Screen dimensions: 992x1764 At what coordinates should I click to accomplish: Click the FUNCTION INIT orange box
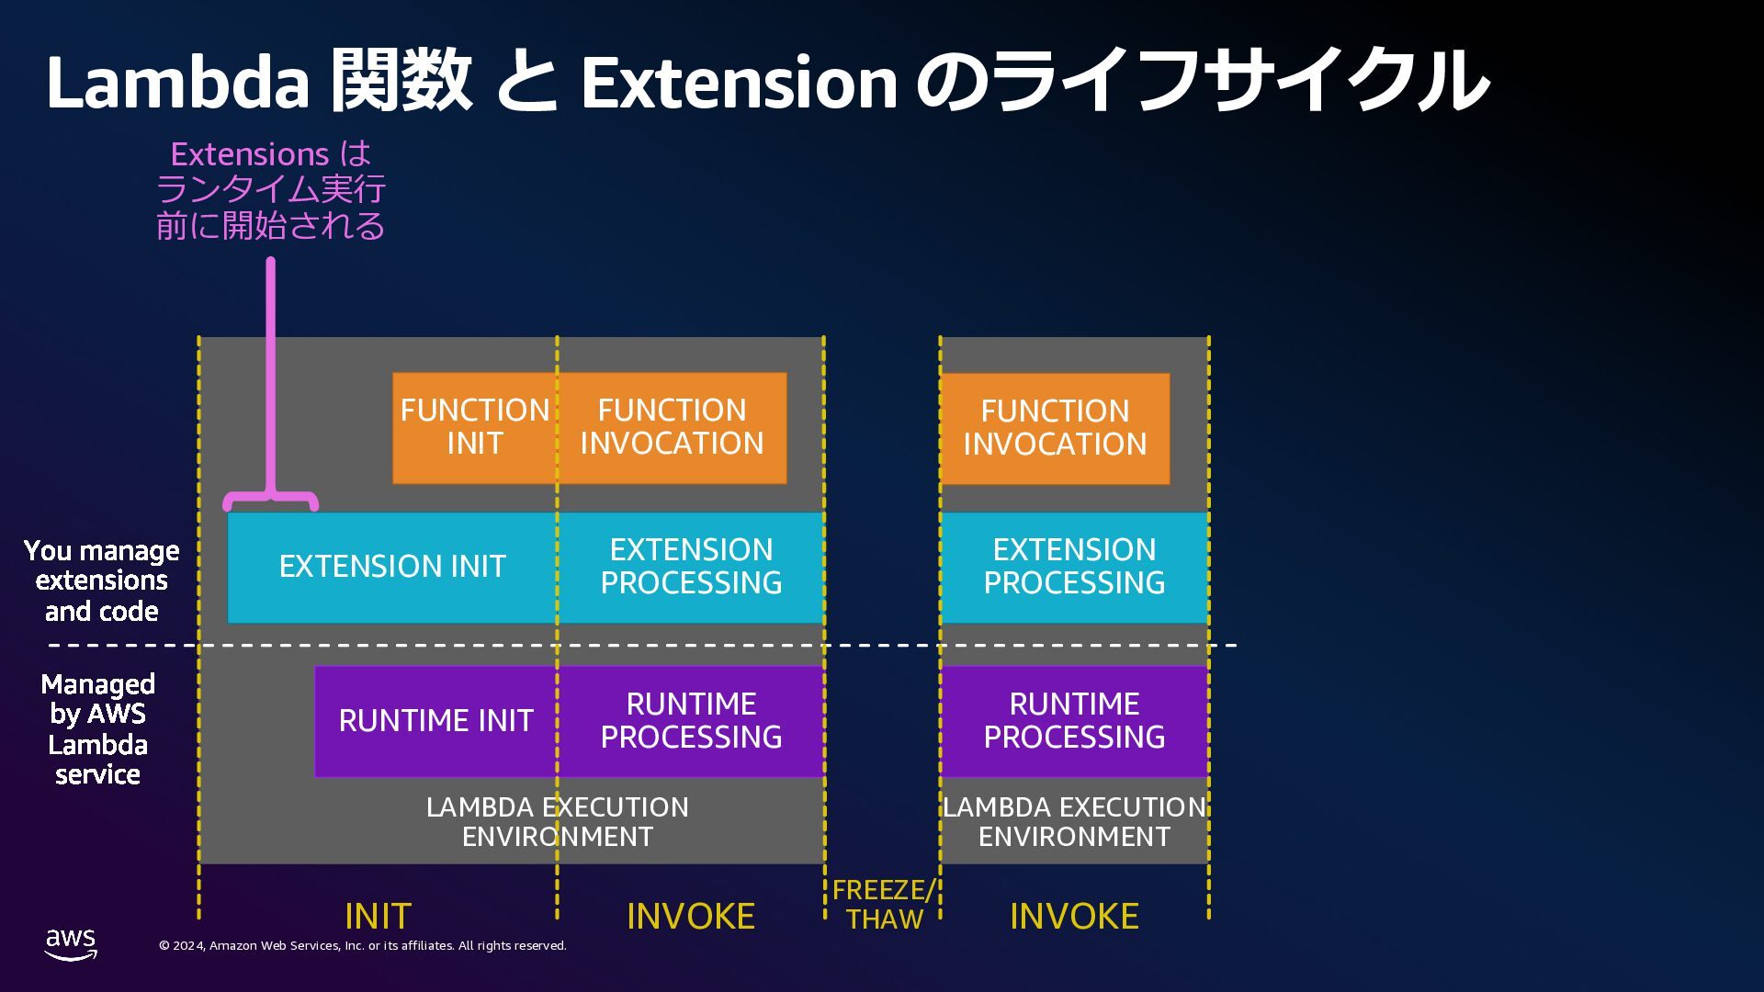tap(474, 427)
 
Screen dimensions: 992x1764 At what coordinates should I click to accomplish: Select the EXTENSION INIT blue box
tap(392, 567)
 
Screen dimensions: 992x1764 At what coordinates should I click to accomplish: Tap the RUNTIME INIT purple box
tap(435, 721)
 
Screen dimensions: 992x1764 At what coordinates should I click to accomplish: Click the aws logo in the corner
tap(71, 943)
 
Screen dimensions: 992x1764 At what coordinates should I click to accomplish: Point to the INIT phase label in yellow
tap(378, 916)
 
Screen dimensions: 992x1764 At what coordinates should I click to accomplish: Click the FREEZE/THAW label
tap(884, 905)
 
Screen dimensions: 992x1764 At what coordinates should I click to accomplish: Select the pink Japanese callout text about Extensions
tap(270, 189)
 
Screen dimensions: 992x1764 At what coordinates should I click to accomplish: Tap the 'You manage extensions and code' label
tap(101, 581)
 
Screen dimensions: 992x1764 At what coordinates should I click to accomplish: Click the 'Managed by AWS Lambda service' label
tap(97, 729)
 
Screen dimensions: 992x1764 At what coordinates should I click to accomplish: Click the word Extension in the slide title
tap(739, 82)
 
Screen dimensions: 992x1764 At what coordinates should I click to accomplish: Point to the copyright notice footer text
tap(363, 946)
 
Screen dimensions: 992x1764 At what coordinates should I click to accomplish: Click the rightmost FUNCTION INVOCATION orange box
tap(1055, 428)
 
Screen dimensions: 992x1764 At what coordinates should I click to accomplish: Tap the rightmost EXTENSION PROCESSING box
tap(1074, 567)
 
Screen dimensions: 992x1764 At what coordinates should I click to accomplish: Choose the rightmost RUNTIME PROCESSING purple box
tap(1074, 721)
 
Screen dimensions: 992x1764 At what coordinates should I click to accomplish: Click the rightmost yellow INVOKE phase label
tap(1074, 916)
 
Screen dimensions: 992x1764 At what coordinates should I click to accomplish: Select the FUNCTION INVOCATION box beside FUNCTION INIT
tap(672, 427)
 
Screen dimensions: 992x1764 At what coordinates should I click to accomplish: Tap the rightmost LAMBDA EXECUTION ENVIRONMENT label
tap(1074, 822)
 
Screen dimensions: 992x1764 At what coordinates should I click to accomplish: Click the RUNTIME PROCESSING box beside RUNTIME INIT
tap(691, 721)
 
